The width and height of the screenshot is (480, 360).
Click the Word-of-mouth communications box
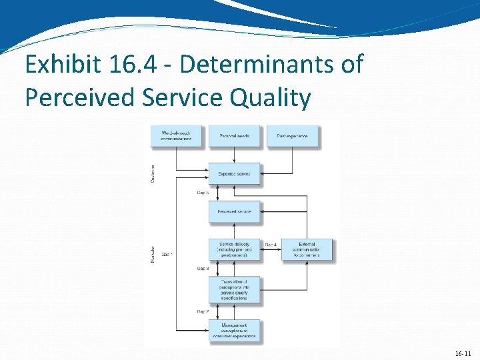pos(176,136)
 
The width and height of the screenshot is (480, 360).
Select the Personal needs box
pos(234,136)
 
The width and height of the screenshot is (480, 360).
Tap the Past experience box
pos(292,136)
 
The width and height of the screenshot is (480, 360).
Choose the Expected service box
pos(234,173)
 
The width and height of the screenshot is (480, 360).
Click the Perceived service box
pos(234,211)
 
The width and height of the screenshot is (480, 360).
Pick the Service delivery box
pos(234,249)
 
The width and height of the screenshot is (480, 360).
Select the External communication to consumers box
pos(307,249)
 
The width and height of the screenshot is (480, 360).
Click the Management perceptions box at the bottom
pos(234,330)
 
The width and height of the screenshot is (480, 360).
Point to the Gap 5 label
pos(203,193)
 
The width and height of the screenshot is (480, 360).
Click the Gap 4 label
pos(271,245)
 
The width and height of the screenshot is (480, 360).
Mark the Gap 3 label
pos(203,269)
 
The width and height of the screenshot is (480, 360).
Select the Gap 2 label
pos(203,311)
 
